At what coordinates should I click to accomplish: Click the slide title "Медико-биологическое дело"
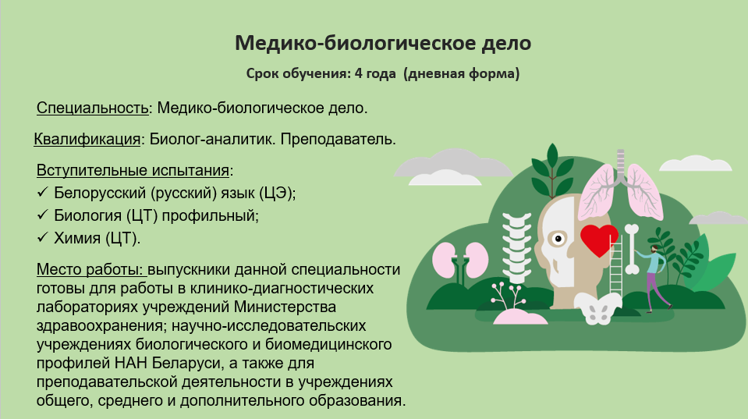[383, 43]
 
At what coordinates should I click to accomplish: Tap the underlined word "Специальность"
[93, 108]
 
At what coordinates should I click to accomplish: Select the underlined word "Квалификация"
[87, 140]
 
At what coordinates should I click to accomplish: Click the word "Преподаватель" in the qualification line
[338, 140]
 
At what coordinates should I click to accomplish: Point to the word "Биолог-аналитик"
[212, 140]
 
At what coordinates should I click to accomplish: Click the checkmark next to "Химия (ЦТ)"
[42, 237]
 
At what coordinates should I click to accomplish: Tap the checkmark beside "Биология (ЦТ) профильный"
[42, 215]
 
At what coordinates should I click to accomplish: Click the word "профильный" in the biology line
[210, 215]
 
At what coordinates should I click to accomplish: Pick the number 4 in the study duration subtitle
[358, 73]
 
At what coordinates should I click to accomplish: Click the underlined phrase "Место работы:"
[90, 270]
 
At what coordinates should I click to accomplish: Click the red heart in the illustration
[599, 240]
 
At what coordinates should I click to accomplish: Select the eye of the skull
[557, 238]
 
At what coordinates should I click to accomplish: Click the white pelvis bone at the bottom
[597, 307]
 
